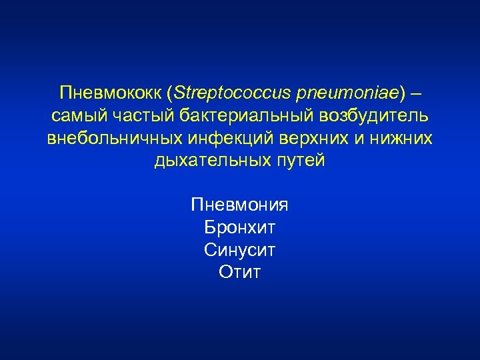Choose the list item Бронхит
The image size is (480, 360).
(239, 228)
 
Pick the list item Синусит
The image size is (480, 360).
(239, 251)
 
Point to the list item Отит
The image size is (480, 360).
(239, 273)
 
